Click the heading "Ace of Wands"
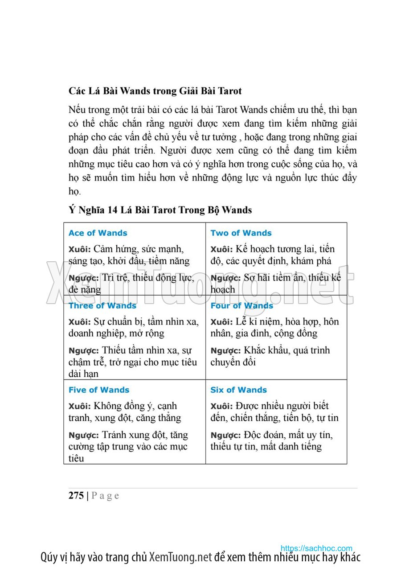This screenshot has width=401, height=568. coord(98,233)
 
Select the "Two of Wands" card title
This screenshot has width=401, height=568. coord(241,233)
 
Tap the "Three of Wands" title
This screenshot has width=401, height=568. coord(102,306)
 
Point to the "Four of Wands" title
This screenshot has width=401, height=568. coord(241,306)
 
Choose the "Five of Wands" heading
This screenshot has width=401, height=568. coord(98,390)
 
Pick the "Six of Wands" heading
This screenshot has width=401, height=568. coord(238,390)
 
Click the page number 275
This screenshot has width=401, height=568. coord(76,495)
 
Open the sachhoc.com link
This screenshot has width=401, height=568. coord(316,548)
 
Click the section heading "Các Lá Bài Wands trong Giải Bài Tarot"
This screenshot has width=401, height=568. coord(155,91)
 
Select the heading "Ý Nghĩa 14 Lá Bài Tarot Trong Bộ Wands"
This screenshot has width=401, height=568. coord(160,210)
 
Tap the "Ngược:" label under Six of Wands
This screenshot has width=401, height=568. coord(225,435)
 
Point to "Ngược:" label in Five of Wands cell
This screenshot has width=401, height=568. coord(83,435)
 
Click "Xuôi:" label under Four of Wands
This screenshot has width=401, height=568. coord(221,322)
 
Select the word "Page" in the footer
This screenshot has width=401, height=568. coord(105,496)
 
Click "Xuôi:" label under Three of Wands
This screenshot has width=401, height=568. coord(79,322)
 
